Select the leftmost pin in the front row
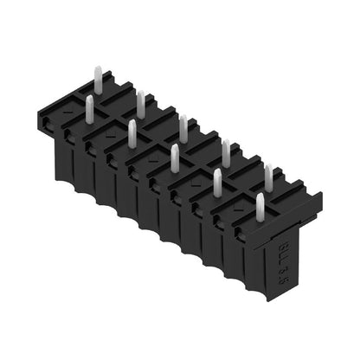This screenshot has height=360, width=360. tap(89, 107)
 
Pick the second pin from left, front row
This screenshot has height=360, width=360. tap(132, 132)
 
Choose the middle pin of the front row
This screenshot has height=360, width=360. tap(174, 157)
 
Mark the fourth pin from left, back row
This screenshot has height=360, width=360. tap(226, 152)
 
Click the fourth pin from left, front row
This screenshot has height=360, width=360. tap(216, 182)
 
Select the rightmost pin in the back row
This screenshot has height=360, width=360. tap(268, 178)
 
